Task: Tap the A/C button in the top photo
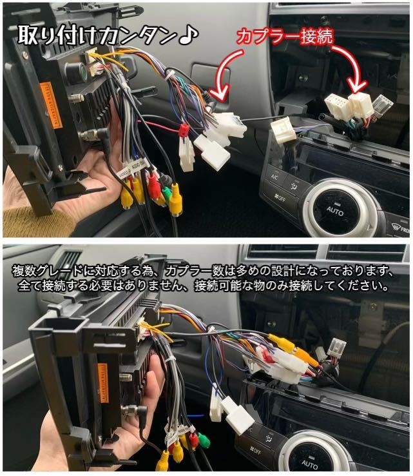[274, 177]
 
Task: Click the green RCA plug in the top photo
[167, 192]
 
